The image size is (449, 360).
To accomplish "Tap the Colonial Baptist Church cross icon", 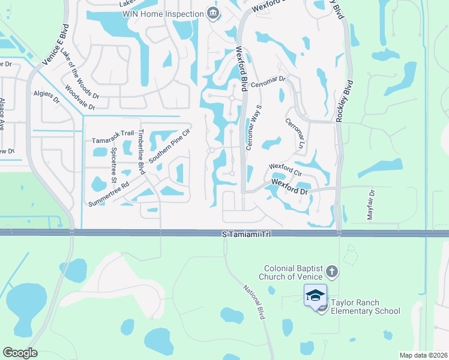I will (332, 272).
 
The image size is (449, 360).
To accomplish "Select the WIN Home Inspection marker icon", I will (212, 13).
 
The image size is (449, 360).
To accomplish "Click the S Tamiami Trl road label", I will (246, 233).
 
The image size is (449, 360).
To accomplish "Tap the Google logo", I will (20, 352).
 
